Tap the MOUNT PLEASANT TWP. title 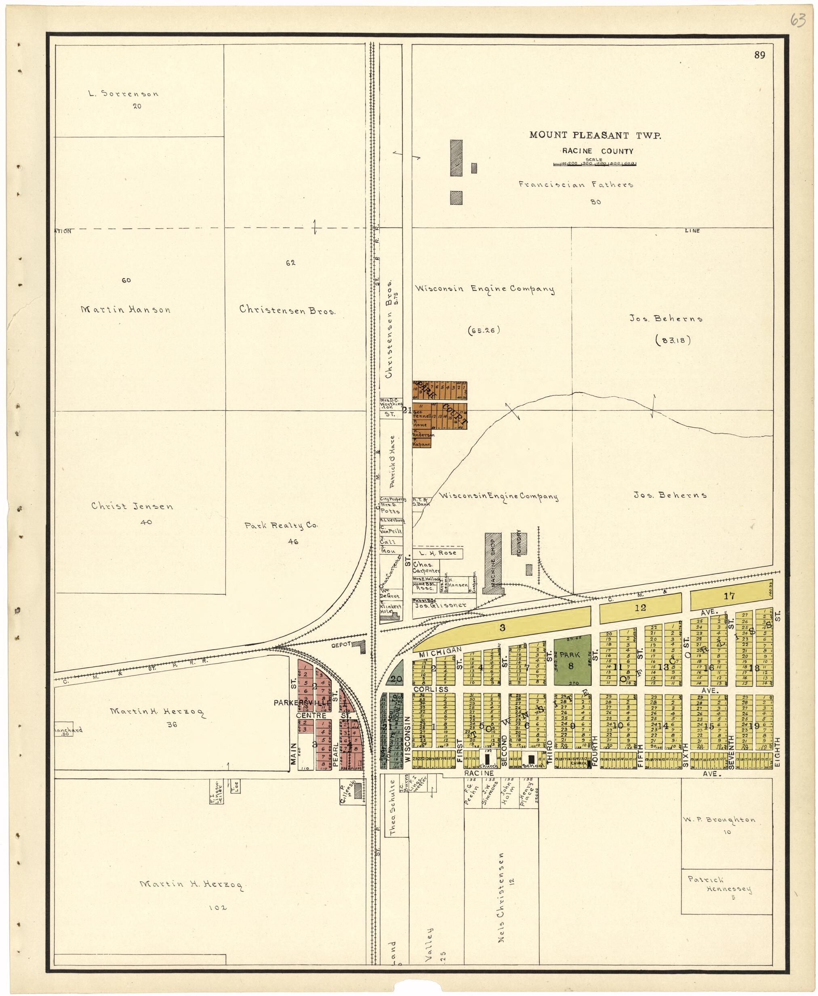pyautogui.click(x=595, y=135)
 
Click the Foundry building pyautogui.click(x=519, y=542)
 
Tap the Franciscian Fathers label pyautogui.click(x=576, y=184)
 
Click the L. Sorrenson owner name pyautogui.click(x=124, y=94)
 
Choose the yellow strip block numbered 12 pyautogui.click(x=640, y=608)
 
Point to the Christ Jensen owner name pyautogui.click(x=132, y=506)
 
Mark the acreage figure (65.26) pyautogui.click(x=484, y=331)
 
